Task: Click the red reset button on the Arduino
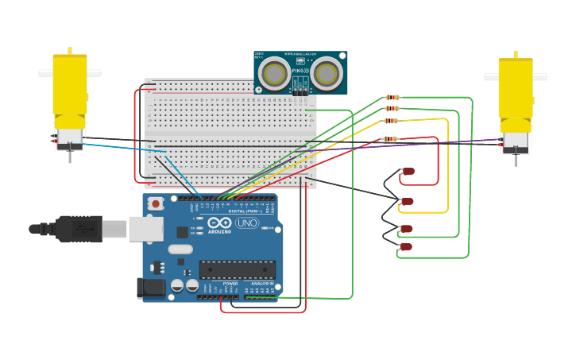[156, 203]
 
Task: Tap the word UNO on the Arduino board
[247, 223]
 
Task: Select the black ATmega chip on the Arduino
[238, 269]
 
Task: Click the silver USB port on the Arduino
[145, 229]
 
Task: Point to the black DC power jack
[151, 288]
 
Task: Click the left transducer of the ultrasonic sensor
[275, 74]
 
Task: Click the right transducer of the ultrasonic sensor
[326, 74]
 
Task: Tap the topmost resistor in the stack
[391, 97]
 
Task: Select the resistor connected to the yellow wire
[391, 121]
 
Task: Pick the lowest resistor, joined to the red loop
[389, 139]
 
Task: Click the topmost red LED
[408, 171]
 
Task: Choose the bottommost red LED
[406, 246]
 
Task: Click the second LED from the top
[408, 201]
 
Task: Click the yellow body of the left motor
[70, 83]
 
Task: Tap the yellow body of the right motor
[516, 87]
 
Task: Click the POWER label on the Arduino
[230, 283]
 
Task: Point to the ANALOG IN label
[262, 283]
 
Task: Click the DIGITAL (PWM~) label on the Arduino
[242, 211]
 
